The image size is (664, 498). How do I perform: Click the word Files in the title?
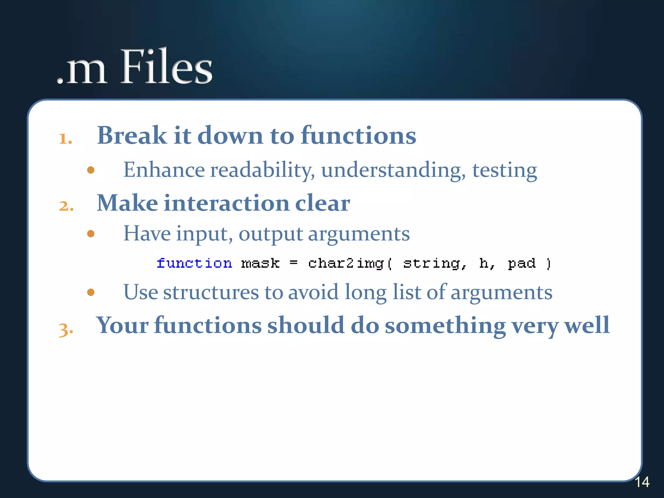pos(167,67)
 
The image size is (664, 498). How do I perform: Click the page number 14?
pos(642,482)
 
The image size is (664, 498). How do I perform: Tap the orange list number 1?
pos(65,139)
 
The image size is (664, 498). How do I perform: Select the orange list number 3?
pos(66,329)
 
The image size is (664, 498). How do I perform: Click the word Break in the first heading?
pos(132,135)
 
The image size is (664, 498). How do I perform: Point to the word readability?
pos(262,170)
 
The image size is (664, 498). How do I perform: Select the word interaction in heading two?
pos(226,203)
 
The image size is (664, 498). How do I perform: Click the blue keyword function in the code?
pos(194,263)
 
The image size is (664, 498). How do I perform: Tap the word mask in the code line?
pos(260,263)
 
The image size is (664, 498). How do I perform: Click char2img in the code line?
pos(346,263)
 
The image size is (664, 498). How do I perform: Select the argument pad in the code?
pos(521,263)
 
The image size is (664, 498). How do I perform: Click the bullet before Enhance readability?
pos(91,170)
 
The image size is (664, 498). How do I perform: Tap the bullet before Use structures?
pos(91,292)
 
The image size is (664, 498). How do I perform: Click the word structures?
pos(211,292)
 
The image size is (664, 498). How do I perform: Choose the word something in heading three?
pos(445,326)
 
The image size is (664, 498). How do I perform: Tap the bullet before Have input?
pos(91,233)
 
